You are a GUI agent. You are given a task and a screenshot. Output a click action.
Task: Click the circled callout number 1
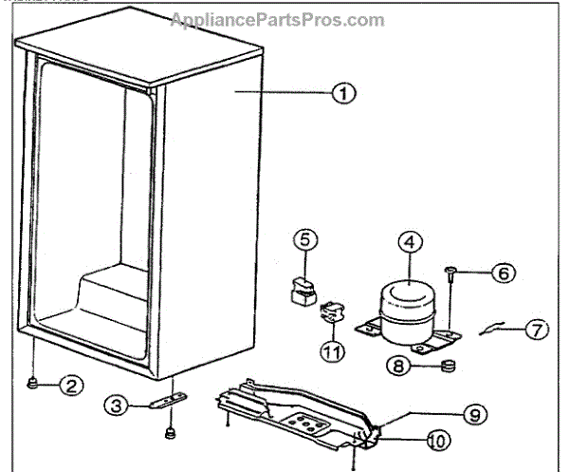tap(342, 94)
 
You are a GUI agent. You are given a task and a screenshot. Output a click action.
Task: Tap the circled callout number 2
tap(71, 386)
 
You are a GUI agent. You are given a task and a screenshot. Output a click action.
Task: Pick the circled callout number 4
tap(408, 241)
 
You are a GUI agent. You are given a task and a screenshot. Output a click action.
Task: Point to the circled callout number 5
tap(303, 239)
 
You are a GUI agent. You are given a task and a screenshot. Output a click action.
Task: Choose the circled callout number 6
tap(504, 273)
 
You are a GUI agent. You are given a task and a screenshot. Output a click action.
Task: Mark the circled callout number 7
tap(538, 330)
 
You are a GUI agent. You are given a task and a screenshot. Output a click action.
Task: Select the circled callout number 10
tap(439, 440)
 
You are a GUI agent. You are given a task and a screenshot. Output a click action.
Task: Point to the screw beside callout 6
tap(450, 275)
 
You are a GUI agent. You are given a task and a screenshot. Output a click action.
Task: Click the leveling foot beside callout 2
tap(33, 384)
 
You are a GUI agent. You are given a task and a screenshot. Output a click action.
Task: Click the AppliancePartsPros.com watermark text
tap(277, 20)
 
